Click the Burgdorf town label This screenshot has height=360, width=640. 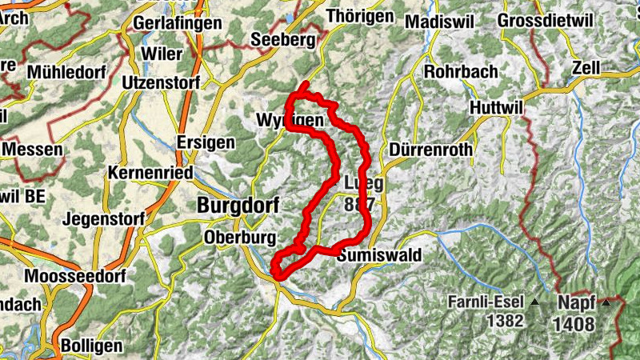click(x=238, y=206)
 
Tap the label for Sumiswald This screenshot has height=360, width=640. click(x=379, y=256)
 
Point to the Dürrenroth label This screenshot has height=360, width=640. click(x=430, y=150)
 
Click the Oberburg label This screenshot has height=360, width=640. click(x=240, y=238)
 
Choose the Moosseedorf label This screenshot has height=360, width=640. click(x=73, y=277)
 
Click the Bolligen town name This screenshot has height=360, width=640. click(x=94, y=346)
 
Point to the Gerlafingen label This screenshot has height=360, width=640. click(x=178, y=23)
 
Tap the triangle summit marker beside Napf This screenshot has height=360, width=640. click(x=606, y=302)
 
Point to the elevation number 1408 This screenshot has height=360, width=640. click(x=574, y=324)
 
